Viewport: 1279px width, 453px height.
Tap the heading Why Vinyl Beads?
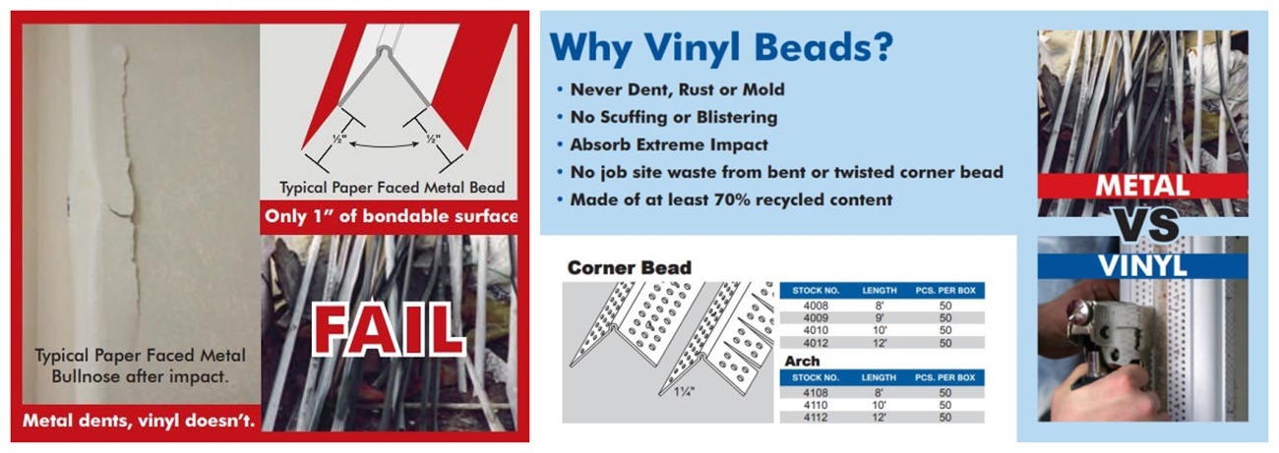(721, 47)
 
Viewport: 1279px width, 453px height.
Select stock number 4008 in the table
(816, 306)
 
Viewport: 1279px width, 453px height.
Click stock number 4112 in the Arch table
(816, 418)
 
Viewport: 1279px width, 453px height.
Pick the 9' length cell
(880, 317)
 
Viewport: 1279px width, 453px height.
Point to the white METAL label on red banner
(1142, 186)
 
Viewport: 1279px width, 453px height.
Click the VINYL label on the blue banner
(1142, 266)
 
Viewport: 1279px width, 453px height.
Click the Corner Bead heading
(630, 267)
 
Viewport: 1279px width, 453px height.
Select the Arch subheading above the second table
(802, 362)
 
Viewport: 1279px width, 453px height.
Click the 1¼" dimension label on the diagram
(684, 392)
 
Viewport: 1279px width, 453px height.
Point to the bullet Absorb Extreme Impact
(669, 144)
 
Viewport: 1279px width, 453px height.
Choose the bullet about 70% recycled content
(731, 199)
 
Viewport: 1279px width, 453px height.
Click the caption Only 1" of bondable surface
(392, 216)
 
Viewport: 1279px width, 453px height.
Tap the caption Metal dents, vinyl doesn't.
(139, 421)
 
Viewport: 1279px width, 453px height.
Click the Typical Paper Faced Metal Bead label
(393, 188)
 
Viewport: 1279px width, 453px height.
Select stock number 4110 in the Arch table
(816, 405)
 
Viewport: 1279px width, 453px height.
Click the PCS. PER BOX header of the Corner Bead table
(945, 291)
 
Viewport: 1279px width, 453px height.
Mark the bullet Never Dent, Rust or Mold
(677, 89)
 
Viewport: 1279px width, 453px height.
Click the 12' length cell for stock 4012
(880, 343)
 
